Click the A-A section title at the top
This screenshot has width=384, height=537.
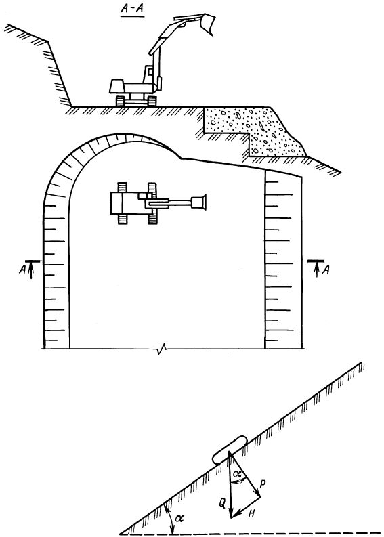[x=132, y=11]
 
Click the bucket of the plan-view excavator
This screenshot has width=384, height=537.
[x=199, y=202]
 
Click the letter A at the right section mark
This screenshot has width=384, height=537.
[x=326, y=270]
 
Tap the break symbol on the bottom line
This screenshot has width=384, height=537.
[x=161, y=349]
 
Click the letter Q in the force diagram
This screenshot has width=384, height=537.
[x=222, y=503]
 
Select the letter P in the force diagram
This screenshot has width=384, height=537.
[x=263, y=484]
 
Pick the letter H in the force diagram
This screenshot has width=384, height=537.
[x=252, y=513]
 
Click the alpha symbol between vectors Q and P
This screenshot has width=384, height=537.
[x=237, y=474]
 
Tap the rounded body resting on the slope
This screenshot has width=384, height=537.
[x=230, y=450]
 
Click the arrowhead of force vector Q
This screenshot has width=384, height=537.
[x=231, y=513]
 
